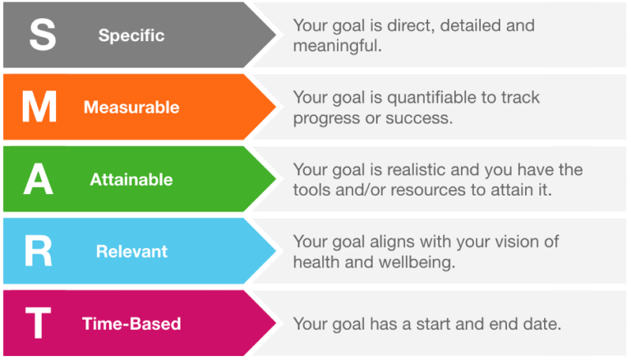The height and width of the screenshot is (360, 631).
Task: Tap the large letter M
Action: tap(39, 108)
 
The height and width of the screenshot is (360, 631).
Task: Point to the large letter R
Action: tap(39, 252)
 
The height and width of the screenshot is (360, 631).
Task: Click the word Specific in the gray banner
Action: tap(131, 36)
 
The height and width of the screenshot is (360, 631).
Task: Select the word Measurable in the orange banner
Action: tap(131, 108)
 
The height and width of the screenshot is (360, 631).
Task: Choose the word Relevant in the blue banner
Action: tap(131, 252)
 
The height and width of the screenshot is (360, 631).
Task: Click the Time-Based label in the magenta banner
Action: tap(131, 324)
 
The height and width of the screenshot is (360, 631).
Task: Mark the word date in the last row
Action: tap(543, 324)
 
